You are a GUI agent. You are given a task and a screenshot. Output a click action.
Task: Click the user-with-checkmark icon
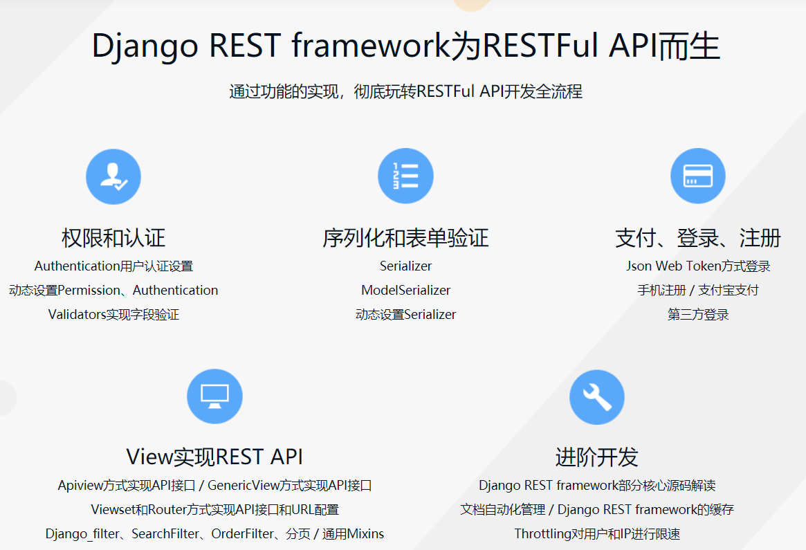coord(113,176)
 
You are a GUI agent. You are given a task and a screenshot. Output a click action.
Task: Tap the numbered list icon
coord(405,176)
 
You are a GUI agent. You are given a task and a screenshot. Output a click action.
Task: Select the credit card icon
coord(698,176)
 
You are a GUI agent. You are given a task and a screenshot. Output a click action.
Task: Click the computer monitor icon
coord(214,396)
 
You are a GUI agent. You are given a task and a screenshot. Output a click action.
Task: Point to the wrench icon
coord(597,397)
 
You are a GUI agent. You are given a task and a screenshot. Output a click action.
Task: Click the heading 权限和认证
coord(113,238)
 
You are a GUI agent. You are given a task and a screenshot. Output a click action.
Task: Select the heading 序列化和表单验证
coord(405,238)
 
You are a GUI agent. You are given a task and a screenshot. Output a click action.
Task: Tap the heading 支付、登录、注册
coord(698,238)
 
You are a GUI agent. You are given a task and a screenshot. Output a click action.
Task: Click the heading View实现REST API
coord(214,457)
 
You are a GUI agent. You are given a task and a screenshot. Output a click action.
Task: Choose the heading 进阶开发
coord(597,457)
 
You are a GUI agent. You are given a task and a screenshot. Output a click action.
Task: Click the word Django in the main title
coord(145,46)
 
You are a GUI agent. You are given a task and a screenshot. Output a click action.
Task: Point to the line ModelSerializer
coord(405,291)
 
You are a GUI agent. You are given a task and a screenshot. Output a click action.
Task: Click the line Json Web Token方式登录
coord(698,266)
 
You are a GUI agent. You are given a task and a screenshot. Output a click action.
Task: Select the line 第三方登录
coord(698,315)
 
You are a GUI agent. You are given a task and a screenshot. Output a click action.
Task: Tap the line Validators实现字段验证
coord(113,315)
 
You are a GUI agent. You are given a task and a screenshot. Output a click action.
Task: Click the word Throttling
coord(543,534)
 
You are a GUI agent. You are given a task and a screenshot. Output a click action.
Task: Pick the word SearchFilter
coord(165,534)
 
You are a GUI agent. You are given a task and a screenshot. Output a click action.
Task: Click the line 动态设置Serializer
coord(405,315)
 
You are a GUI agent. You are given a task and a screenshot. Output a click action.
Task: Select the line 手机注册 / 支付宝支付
coord(698,291)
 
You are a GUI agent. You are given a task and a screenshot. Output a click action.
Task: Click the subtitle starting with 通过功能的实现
coord(405,91)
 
